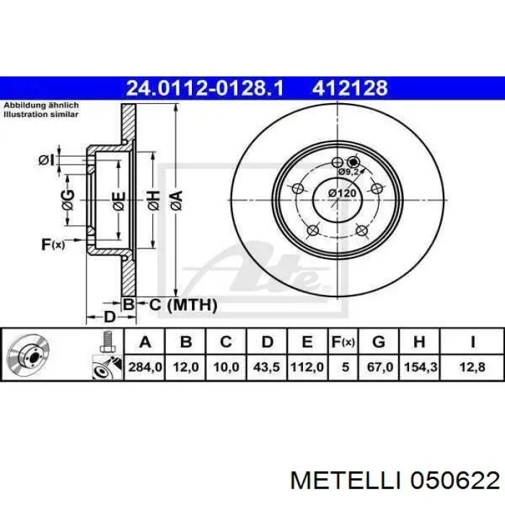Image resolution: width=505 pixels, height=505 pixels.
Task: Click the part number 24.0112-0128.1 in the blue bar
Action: coord(205,88)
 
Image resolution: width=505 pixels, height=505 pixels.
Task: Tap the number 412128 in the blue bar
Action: coord(350,88)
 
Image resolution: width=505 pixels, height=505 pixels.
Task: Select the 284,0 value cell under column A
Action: coord(145,367)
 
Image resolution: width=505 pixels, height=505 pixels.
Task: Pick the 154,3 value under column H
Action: coord(421,367)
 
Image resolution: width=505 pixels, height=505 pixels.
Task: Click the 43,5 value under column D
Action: coord(266,367)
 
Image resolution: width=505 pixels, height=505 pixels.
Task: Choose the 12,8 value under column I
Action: coord(472,367)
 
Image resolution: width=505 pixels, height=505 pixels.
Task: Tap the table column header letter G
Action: coord(379,342)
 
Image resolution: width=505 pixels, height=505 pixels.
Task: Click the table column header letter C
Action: coord(226,342)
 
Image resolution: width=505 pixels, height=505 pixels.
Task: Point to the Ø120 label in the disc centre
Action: coord(343,193)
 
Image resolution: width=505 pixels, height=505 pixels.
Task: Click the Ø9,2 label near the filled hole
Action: coord(348,172)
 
